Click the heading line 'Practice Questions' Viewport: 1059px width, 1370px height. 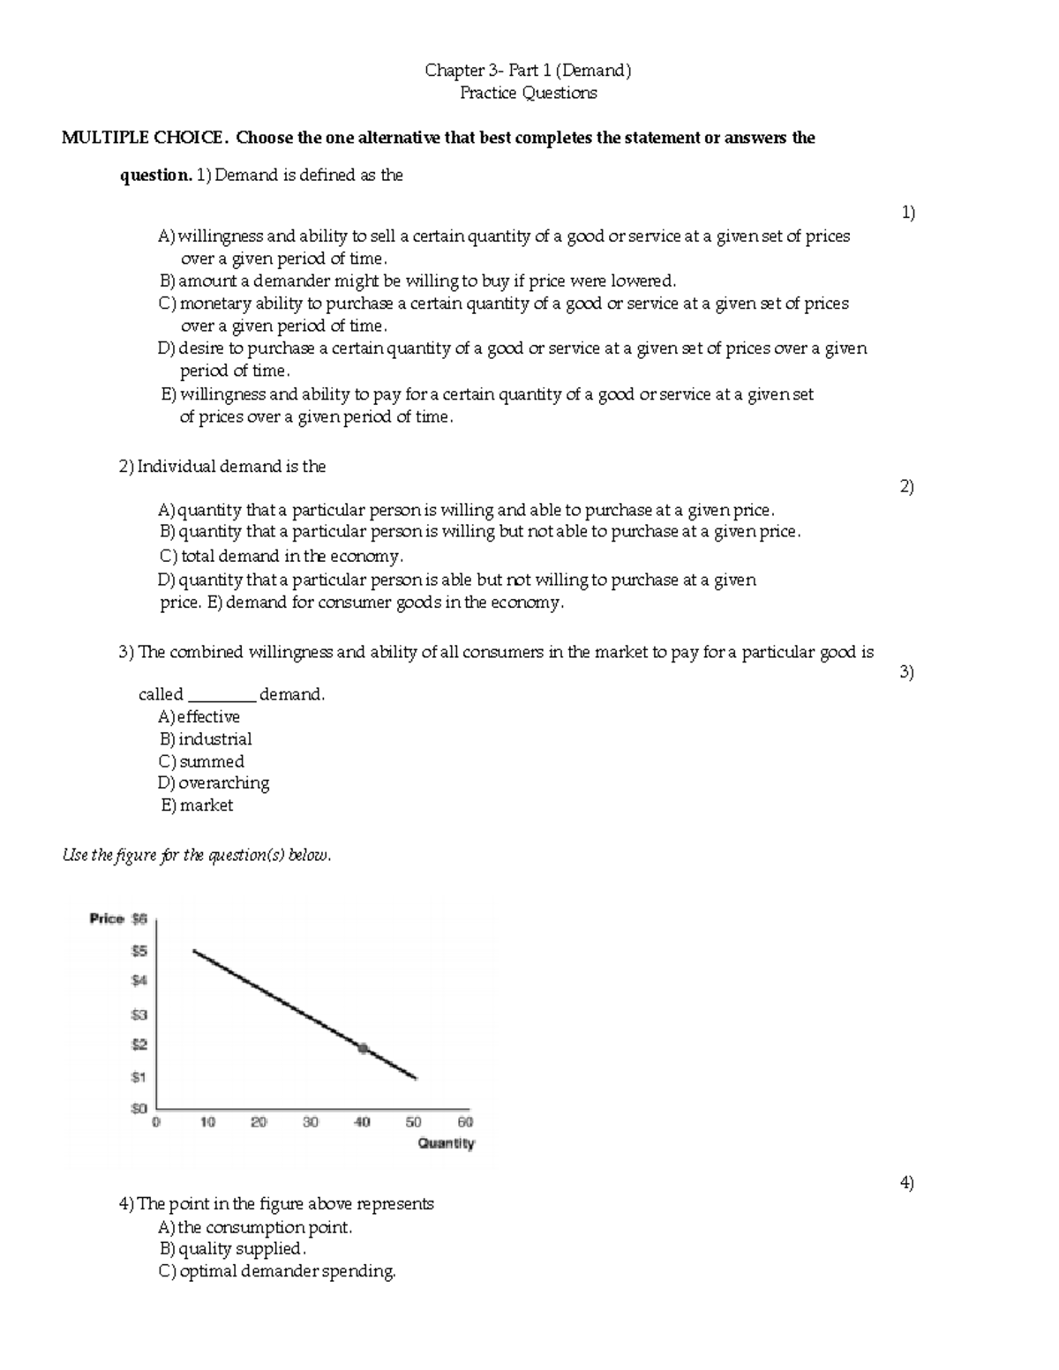click(x=528, y=94)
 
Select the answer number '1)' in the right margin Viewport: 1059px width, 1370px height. click(x=907, y=213)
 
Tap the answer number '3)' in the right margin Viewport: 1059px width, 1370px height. click(x=906, y=672)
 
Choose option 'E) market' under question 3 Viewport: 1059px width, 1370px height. click(x=197, y=805)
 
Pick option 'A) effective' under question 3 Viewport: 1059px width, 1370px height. click(x=199, y=717)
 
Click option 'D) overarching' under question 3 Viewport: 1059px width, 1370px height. click(x=214, y=783)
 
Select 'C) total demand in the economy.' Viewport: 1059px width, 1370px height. click(x=281, y=557)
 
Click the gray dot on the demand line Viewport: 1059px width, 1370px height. click(x=363, y=1048)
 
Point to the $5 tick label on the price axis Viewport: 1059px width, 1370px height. click(x=139, y=951)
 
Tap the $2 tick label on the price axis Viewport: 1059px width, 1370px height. click(x=139, y=1044)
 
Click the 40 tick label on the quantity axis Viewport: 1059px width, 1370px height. click(x=362, y=1123)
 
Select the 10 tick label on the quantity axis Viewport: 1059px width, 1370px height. click(x=207, y=1123)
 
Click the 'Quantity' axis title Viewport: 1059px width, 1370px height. click(x=446, y=1144)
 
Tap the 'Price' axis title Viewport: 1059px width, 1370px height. click(x=107, y=919)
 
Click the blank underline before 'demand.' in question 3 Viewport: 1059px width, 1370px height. click(x=222, y=695)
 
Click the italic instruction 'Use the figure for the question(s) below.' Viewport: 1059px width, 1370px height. click(x=197, y=856)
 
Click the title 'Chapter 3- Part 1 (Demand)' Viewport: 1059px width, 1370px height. click(x=528, y=71)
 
